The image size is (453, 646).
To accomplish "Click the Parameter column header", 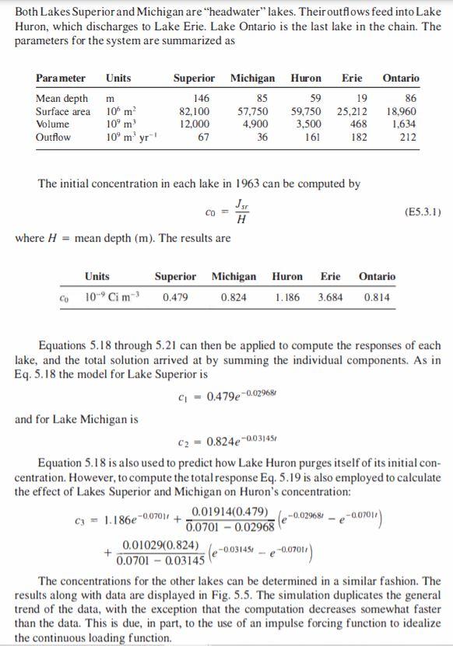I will [x=60, y=79].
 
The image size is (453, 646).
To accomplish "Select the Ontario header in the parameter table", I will [x=401, y=79].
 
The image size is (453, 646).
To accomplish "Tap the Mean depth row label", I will [x=61, y=99].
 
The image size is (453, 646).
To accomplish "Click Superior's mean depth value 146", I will [x=201, y=99].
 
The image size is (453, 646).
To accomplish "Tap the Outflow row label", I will [x=53, y=137].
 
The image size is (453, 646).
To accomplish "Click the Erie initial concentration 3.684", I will [x=331, y=297].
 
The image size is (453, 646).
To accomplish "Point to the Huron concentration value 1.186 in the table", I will [x=288, y=297].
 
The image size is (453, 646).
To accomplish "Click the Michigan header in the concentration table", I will [x=234, y=277].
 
